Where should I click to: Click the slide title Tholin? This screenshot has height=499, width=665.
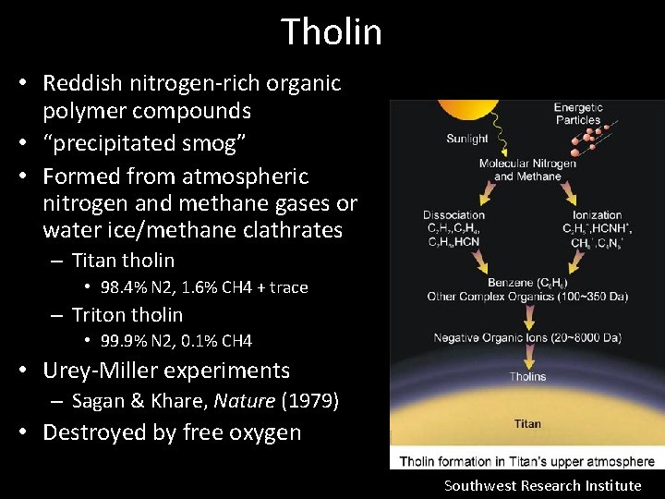pos(332,31)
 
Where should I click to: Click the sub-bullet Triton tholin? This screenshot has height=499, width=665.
pos(127,314)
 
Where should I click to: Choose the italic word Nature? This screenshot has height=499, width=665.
pos(245,401)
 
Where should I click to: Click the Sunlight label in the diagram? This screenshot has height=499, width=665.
pos(467,139)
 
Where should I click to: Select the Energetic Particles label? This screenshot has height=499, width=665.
pos(578,114)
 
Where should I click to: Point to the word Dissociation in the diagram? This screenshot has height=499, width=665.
pos(454,215)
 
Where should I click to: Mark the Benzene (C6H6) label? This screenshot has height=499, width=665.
pos(526,283)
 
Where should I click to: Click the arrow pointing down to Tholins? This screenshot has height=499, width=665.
pos(527,357)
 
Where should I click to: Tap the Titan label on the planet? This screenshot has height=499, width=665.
pos(527,424)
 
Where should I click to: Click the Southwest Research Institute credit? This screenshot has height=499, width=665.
pos(542,485)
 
